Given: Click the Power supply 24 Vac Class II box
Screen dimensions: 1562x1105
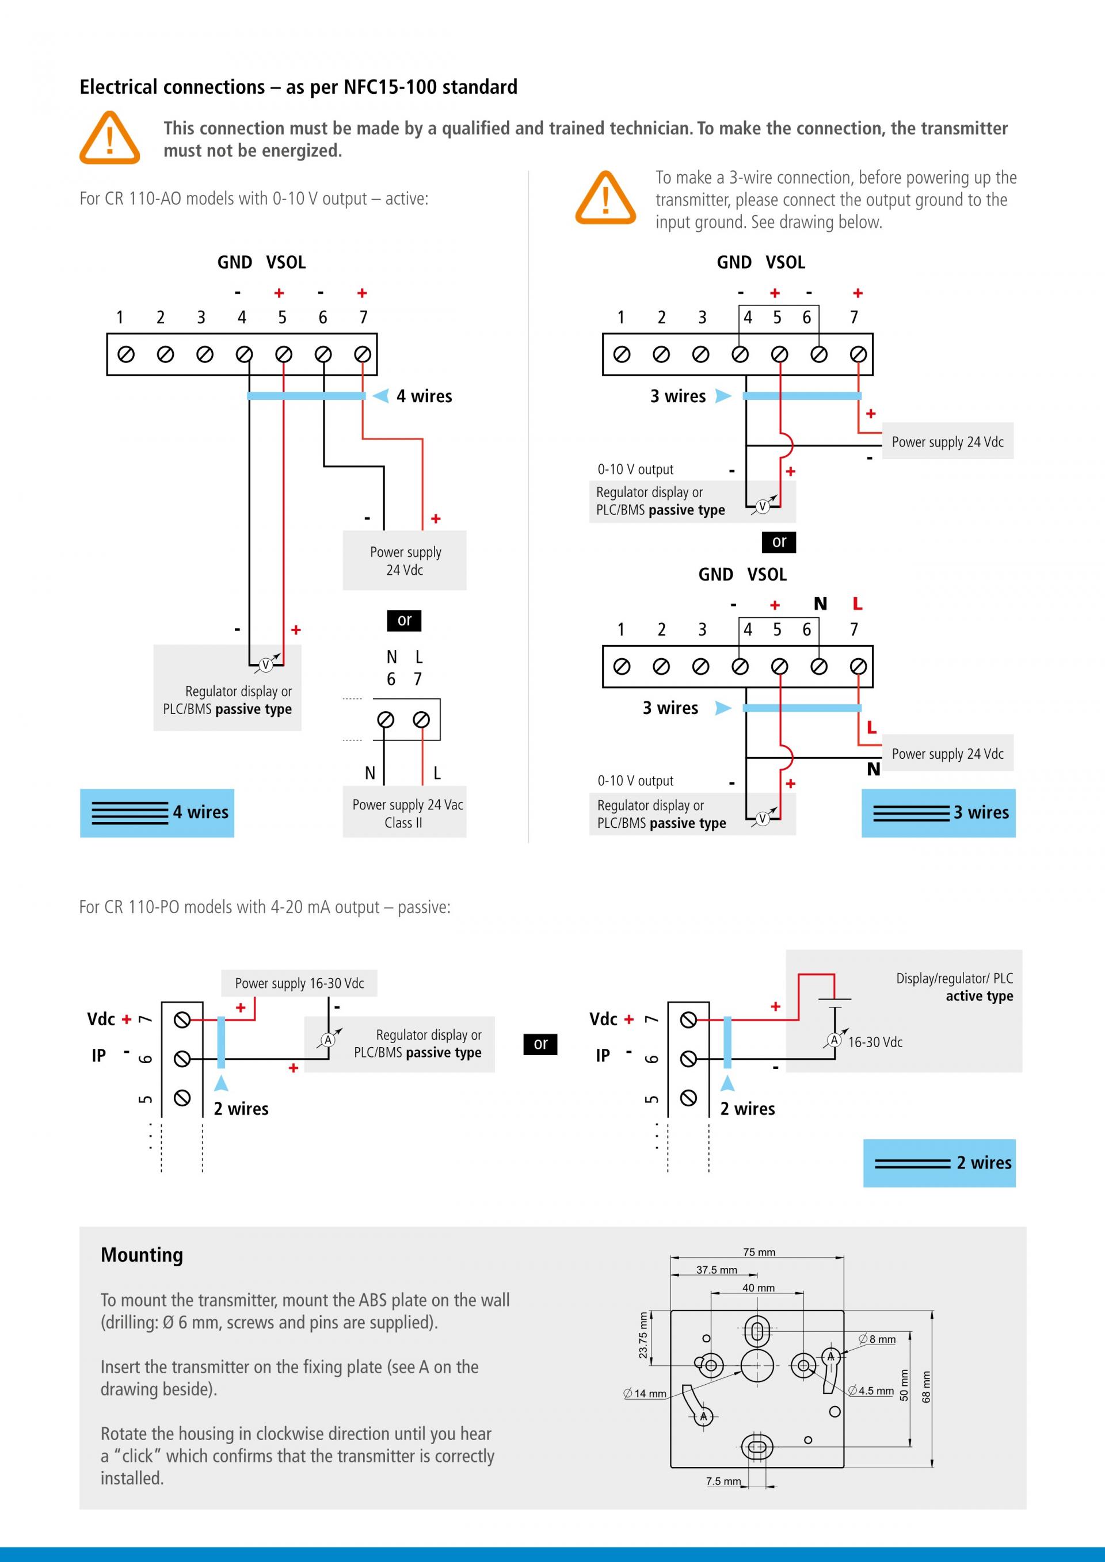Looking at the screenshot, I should click(404, 813).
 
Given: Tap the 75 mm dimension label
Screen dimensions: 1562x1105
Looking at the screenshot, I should click(759, 1252).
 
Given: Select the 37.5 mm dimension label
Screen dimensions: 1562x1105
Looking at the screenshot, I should click(717, 1270).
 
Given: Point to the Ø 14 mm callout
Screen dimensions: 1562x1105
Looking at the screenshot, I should click(645, 1393).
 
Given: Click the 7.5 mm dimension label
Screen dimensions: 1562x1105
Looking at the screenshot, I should click(723, 1481).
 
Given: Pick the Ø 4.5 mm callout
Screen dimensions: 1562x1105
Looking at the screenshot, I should click(871, 1391).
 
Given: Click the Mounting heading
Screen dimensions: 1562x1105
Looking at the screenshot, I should click(142, 1255).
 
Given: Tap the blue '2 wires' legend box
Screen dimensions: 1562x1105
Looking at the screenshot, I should click(939, 1163).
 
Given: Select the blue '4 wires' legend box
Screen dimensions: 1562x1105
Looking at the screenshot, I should click(157, 812).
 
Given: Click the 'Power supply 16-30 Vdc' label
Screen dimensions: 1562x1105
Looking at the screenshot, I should click(299, 983).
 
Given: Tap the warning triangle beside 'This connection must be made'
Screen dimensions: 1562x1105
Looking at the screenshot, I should click(109, 138).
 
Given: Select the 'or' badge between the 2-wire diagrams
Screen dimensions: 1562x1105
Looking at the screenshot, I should click(540, 1044).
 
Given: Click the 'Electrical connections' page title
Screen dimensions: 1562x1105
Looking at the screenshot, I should click(298, 87).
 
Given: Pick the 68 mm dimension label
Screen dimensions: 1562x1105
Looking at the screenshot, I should click(926, 1387).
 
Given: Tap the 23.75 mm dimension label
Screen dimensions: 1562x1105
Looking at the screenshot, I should click(643, 1335).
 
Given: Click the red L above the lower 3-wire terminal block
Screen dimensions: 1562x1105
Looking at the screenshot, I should click(858, 604).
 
